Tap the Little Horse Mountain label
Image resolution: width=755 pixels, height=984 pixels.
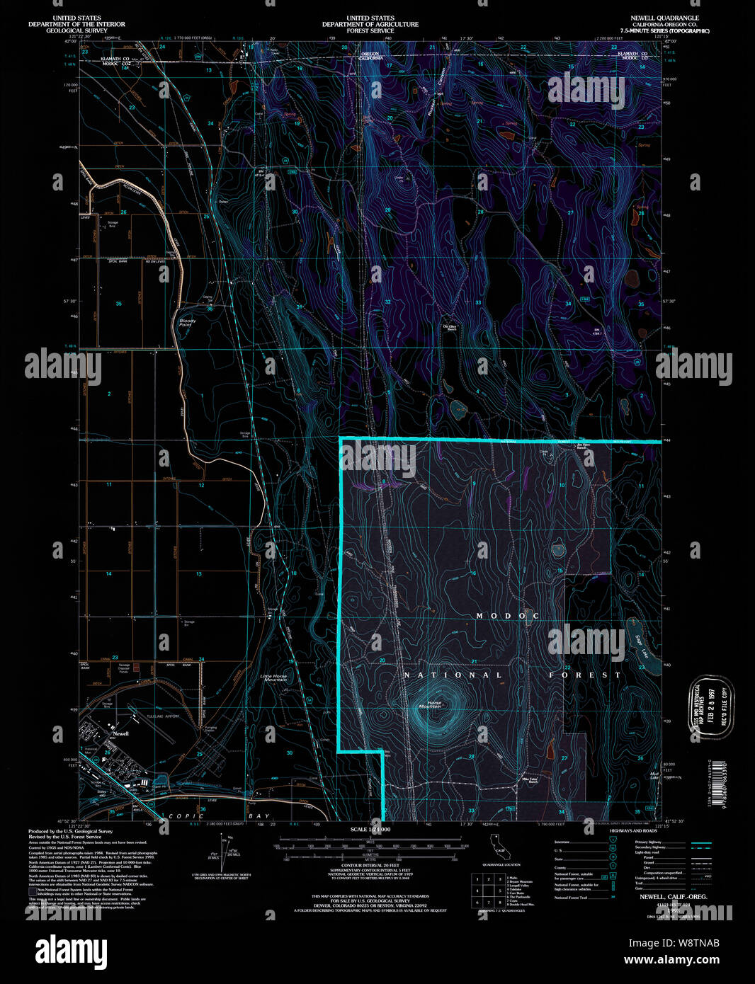click(x=274, y=677)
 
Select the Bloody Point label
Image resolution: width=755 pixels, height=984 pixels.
click(x=187, y=322)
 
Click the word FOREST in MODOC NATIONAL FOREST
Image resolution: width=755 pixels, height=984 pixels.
click(x=584, y=675)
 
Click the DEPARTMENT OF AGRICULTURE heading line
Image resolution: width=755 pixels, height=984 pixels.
click(x=370, y=24)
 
